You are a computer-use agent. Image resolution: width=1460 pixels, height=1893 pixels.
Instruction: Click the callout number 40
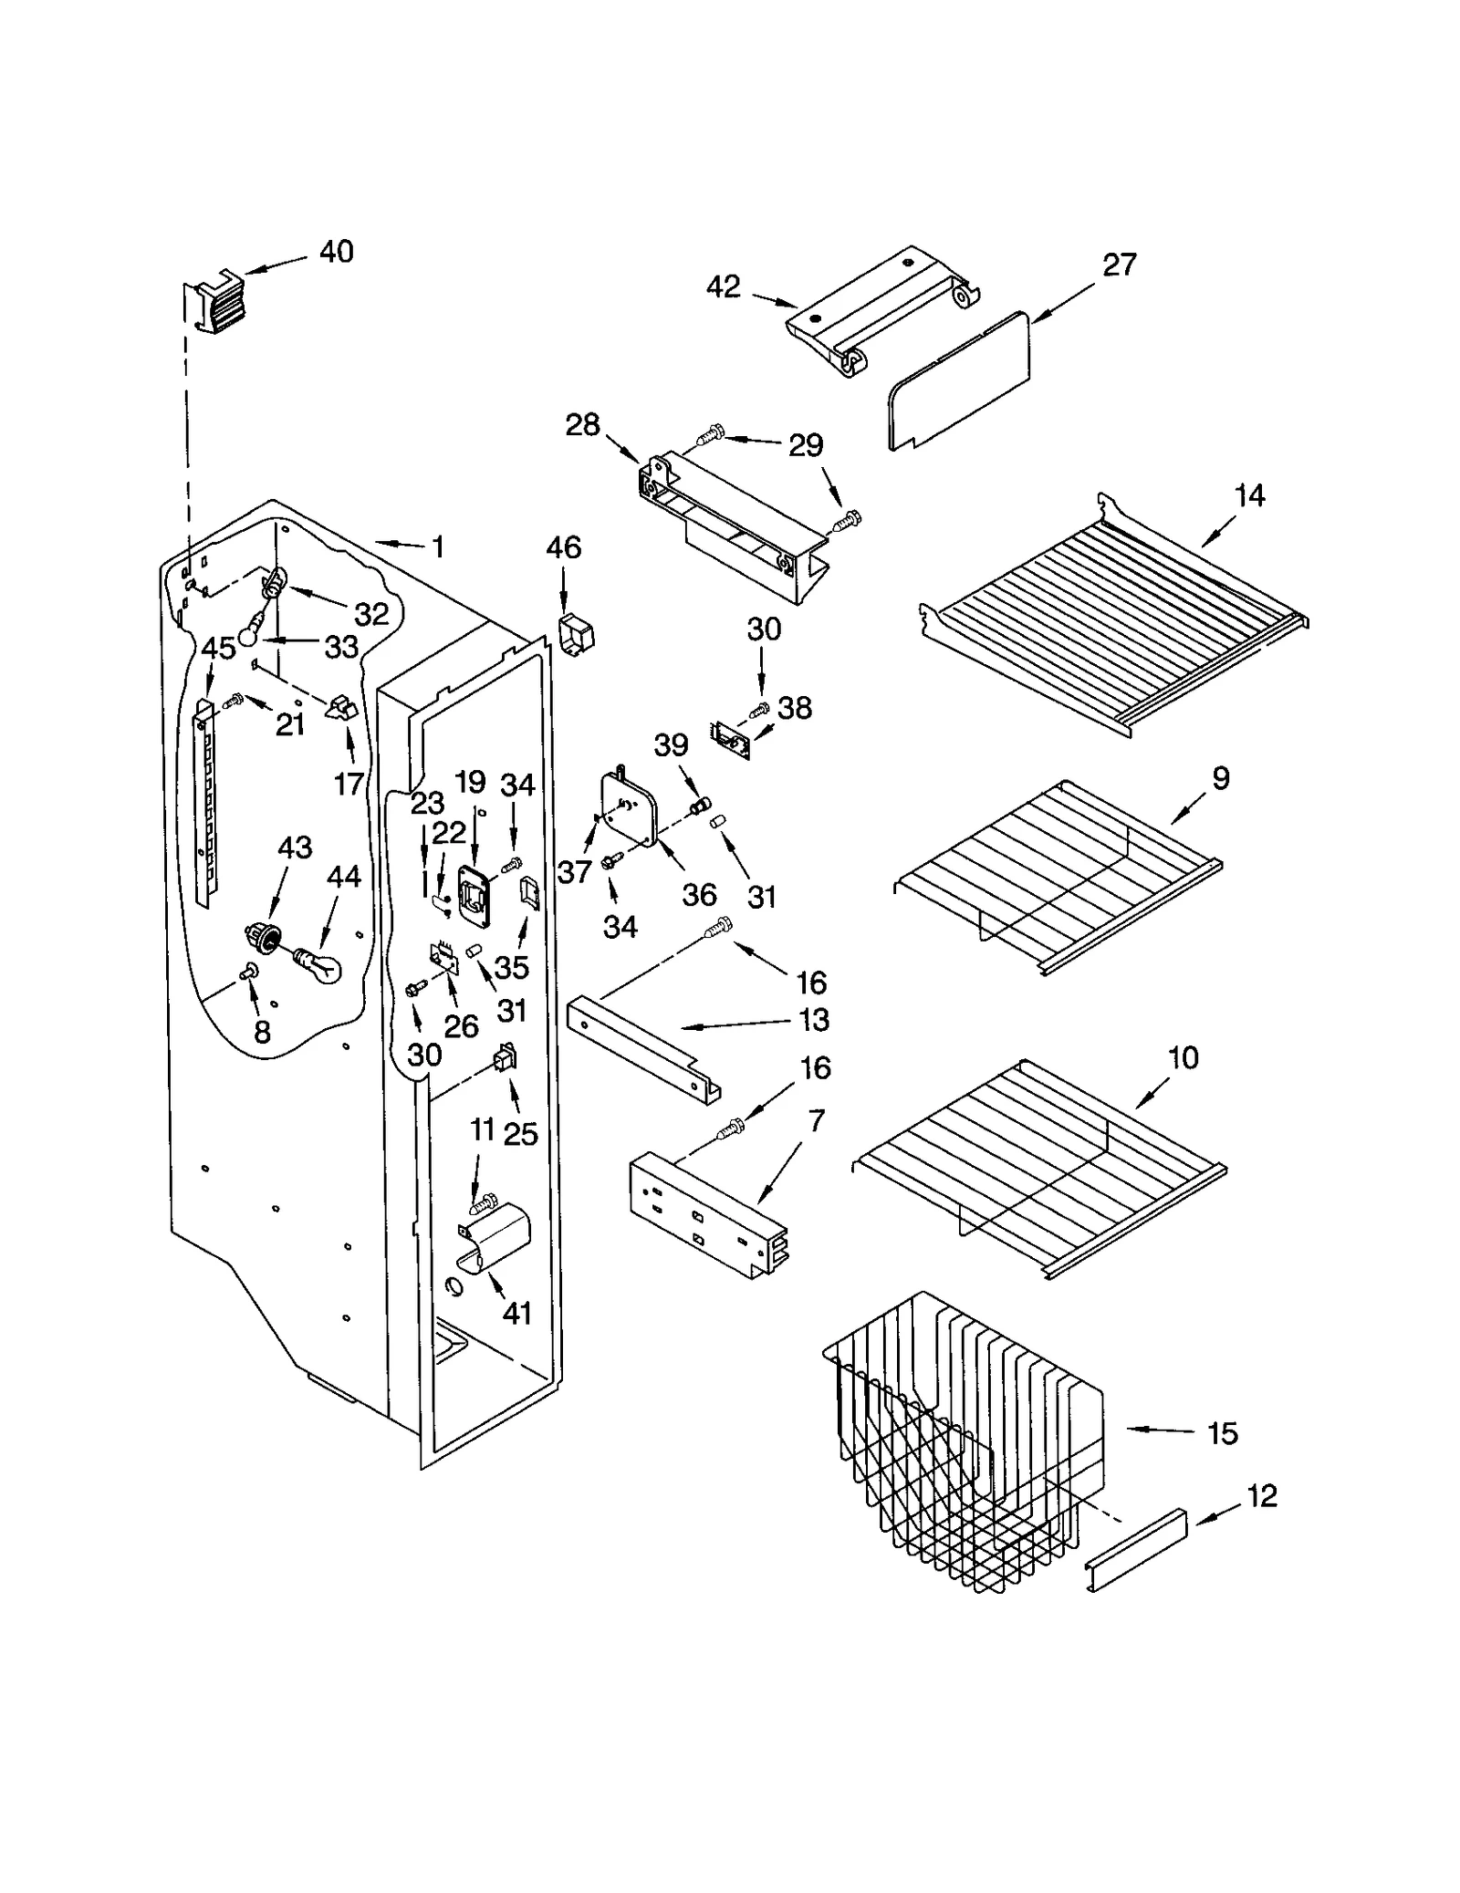(x=336, y=252)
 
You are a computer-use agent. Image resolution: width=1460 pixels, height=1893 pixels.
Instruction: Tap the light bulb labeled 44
(x=320, y=963)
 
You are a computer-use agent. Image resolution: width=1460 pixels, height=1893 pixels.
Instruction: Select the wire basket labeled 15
(x=967, y=1441)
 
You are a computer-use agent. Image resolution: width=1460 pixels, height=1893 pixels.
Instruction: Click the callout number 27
(x=1119, y=265)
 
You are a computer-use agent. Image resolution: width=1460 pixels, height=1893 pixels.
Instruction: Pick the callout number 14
(x=1249, y=496)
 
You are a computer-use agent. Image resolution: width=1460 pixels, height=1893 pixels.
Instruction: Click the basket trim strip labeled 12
(x=1137, y=1550)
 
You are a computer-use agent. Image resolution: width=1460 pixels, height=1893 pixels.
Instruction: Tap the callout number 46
(x=563, y=548)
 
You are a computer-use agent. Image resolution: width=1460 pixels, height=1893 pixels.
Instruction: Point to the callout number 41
(x=516, y=1314)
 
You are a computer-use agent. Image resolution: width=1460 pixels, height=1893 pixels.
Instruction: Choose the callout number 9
(x=1221, y=778)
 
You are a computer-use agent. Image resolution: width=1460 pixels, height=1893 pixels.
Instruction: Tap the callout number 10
(x=1183, y=1058)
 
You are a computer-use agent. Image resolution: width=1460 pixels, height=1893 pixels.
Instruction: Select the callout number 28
(x=582, y=425)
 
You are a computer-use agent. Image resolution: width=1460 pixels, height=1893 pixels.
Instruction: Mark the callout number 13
(x=814, y=1020)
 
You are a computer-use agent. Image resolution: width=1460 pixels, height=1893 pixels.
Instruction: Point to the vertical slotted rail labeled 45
(x=207, y=803)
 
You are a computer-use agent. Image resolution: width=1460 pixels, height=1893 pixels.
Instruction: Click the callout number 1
(x=438, y=547)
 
